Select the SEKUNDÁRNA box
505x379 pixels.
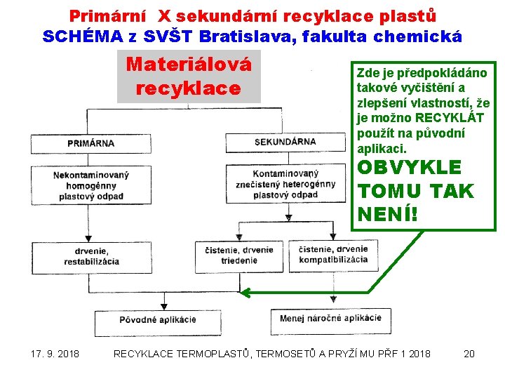pyautogui.click(x=285, y=142)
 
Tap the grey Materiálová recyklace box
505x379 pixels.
pyautogui.click(x=189, y=77)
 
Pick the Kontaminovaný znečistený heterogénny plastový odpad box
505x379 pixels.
pyautogui.click(x=285, y=183)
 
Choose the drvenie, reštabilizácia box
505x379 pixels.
pyautogui.click(x=91, y=256)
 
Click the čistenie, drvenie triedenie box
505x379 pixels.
pyautogui.click(x=238, y=256)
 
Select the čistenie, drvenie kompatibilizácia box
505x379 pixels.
pyautogui.click(x=333, y=253)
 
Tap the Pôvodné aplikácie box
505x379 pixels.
pyautogui.click(x=158, y=319)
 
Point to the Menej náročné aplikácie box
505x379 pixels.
pyautogui.click(x=330, y=318)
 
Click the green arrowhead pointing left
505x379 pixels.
pyautogui.click(x=248, y=293)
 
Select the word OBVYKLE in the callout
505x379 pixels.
pyautogui.click(x=410, y=168)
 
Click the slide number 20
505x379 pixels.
pyautogui.click(x=469, y=354)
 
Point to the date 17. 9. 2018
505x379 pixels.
pyautogui.click(x=55, y=354)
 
